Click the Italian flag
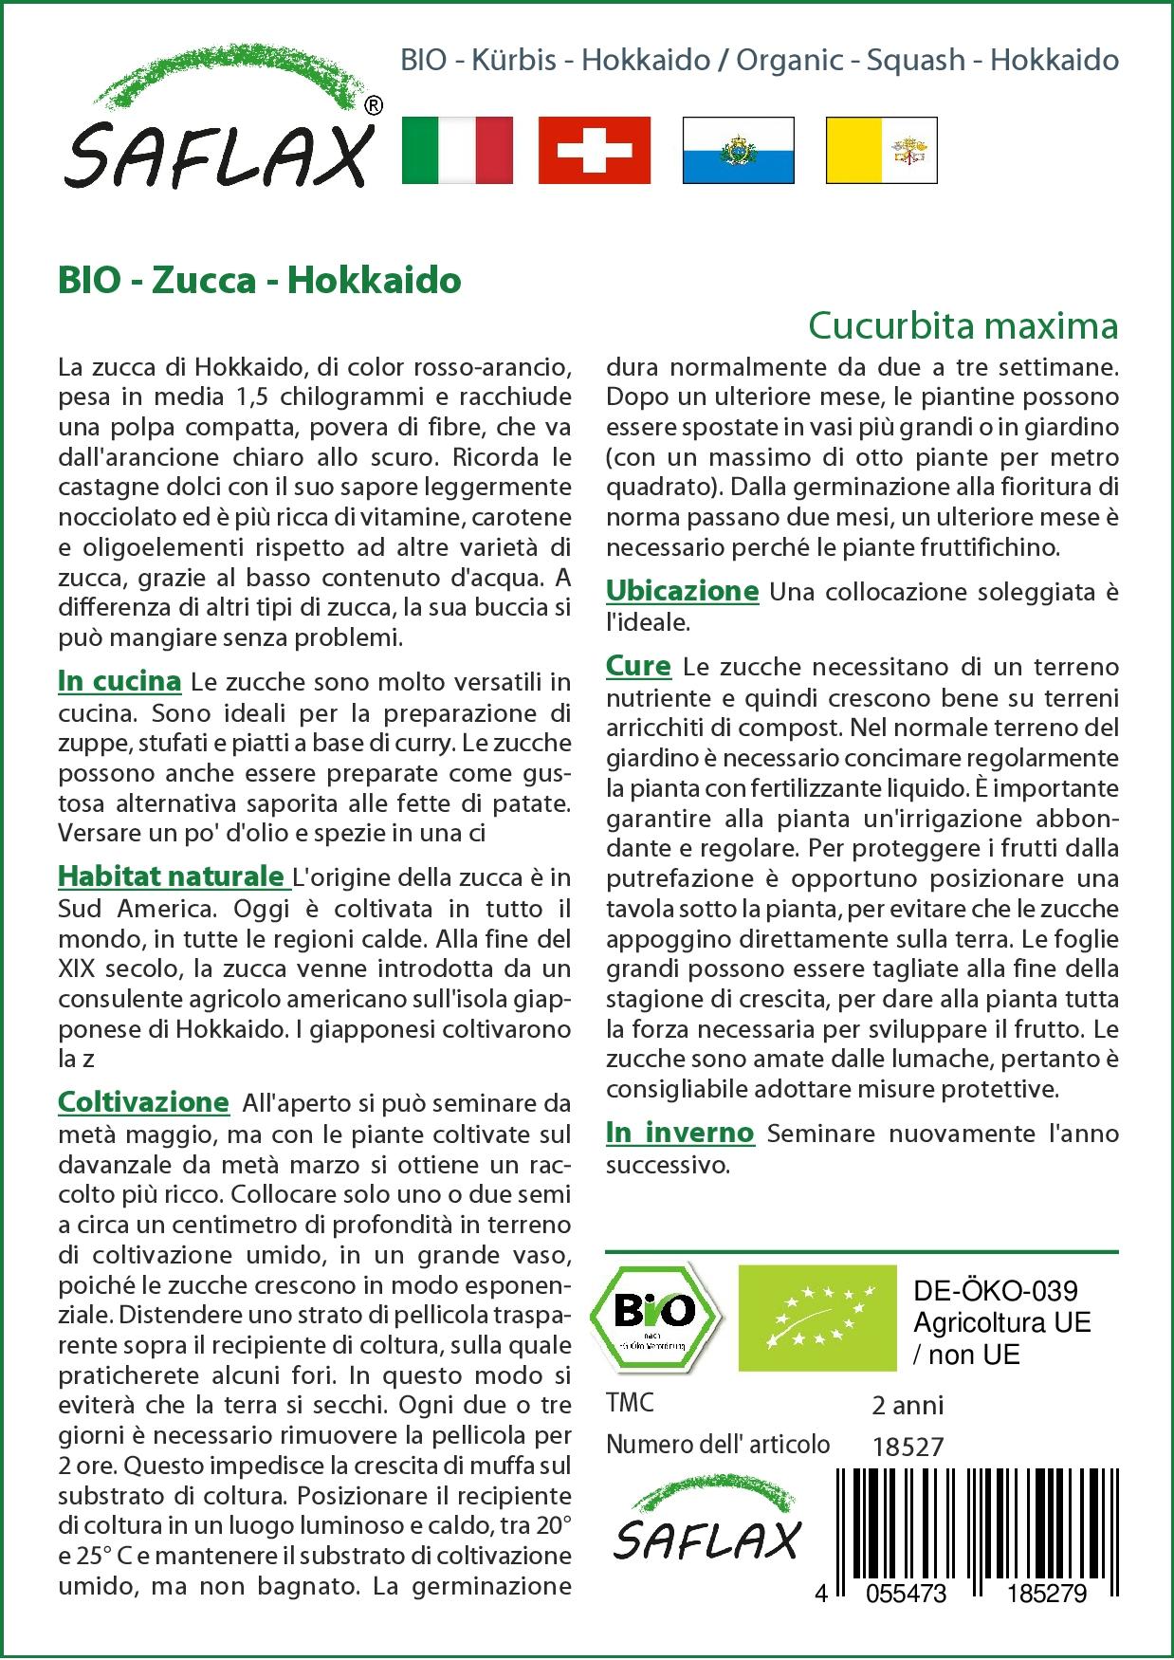pos(457,150)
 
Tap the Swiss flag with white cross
pos(595,150)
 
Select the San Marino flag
pos(739,150)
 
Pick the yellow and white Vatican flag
pos(881,150)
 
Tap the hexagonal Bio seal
pos(655,1316)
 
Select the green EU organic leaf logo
pos(817,1317)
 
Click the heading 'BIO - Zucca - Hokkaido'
pos(259,281)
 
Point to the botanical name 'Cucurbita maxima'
pos(963,325)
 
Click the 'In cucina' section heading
pos(119,681)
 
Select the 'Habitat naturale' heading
pos(172,876)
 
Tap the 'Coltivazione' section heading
pos(143,1102)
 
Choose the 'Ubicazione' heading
pos(682,591)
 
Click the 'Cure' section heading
pos(638,667)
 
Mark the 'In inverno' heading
pos(680,1133)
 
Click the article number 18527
pos(908,1447)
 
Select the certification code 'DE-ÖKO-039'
pos(995,1291)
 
